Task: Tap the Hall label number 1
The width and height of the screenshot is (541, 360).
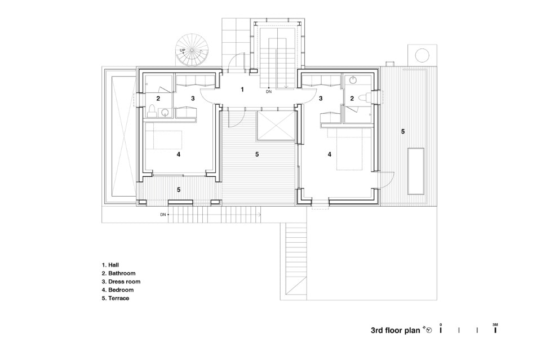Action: pyautogui.click(x=242, y=90)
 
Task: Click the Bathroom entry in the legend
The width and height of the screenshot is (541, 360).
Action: pyautogui.click(x=119, y=273)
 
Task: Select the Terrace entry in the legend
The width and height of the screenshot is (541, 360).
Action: pyautogui.click(x=116, y=298)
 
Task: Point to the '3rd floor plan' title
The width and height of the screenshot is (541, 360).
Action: pyautogui.click(x=396, y=330)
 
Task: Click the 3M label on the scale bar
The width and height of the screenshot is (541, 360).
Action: pyautogui.click(x=495, y=325)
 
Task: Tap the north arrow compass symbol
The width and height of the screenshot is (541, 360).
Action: pyautogui.click(x=429, y=330)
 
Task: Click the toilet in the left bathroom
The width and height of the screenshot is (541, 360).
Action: pyautogui.click(x=152, y=112)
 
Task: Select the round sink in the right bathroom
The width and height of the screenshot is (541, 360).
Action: pyautogui.click(x=353, y=80)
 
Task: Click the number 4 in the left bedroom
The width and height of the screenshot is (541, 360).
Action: pyautogui.click(x=179, y=154)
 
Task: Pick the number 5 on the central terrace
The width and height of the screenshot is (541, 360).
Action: pyautogui.click(x=257, y=154)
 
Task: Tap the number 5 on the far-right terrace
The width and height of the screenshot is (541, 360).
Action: pyautogui.click(x=403, y=131)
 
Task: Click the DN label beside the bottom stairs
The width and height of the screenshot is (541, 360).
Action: pyautogui.click(x=163, y=215)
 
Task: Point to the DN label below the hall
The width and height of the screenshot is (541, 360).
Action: pyautogui.click(x=269, y=92)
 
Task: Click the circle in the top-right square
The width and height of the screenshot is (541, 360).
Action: pyautogui.click(x=422, y=55)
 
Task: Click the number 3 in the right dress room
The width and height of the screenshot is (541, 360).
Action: pyautogui.click(x=321, y=99)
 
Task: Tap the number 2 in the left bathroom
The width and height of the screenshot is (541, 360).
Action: pyautogui.click(x=158, y=99)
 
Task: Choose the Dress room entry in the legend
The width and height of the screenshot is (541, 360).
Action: pyautogui.click(x=121, y=281)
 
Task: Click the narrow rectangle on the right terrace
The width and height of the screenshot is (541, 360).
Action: pyautogui.click(x=416, y=171)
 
